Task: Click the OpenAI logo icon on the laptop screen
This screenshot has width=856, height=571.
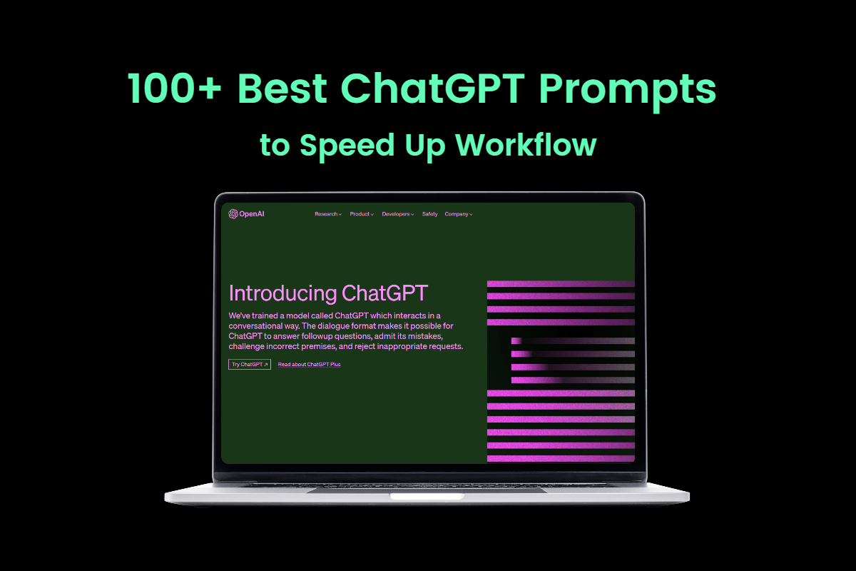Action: click(233, 213)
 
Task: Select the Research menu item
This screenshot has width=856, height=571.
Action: click(327, 214)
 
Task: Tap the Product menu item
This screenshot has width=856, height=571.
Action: click(362, 214)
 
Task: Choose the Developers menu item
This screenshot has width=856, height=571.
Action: click(397, 214)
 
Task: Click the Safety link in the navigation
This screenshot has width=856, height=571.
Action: click(429, 214)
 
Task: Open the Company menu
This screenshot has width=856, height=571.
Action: click(458, 214)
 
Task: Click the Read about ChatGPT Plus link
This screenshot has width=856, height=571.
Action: click(309, 364)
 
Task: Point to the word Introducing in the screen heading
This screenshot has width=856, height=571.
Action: click(282, 293)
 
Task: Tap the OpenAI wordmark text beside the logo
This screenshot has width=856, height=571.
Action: click(251, 214)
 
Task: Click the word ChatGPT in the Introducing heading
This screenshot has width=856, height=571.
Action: click(385, 293)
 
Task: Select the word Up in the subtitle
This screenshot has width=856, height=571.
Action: click(420, 145)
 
